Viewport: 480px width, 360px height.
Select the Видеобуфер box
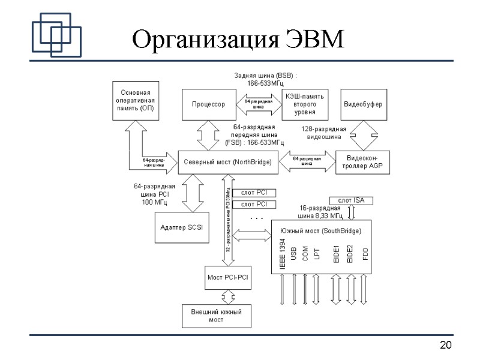362,104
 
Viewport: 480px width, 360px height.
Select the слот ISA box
351,200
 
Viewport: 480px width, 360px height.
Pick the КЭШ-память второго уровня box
304,104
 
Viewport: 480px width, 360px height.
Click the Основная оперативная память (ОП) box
137,101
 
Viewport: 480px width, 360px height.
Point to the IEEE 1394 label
282,254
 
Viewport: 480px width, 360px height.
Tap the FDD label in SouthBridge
365,254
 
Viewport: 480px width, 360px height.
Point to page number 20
445,345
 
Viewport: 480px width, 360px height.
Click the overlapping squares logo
56,34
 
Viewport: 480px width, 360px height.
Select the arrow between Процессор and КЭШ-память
259,104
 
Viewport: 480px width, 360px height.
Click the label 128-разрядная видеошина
324,133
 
